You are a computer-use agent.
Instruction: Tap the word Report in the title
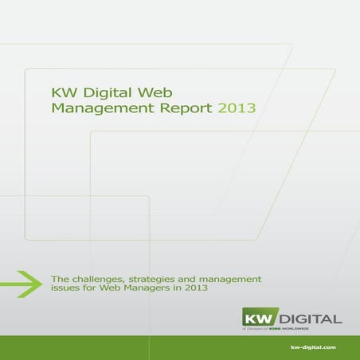[186, 107]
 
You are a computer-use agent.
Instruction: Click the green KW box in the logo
[263, 317]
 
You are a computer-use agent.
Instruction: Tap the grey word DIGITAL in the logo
[313, 318]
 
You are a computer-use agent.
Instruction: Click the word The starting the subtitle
[61, 278]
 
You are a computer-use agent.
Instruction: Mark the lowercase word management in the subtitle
[232, 278]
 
